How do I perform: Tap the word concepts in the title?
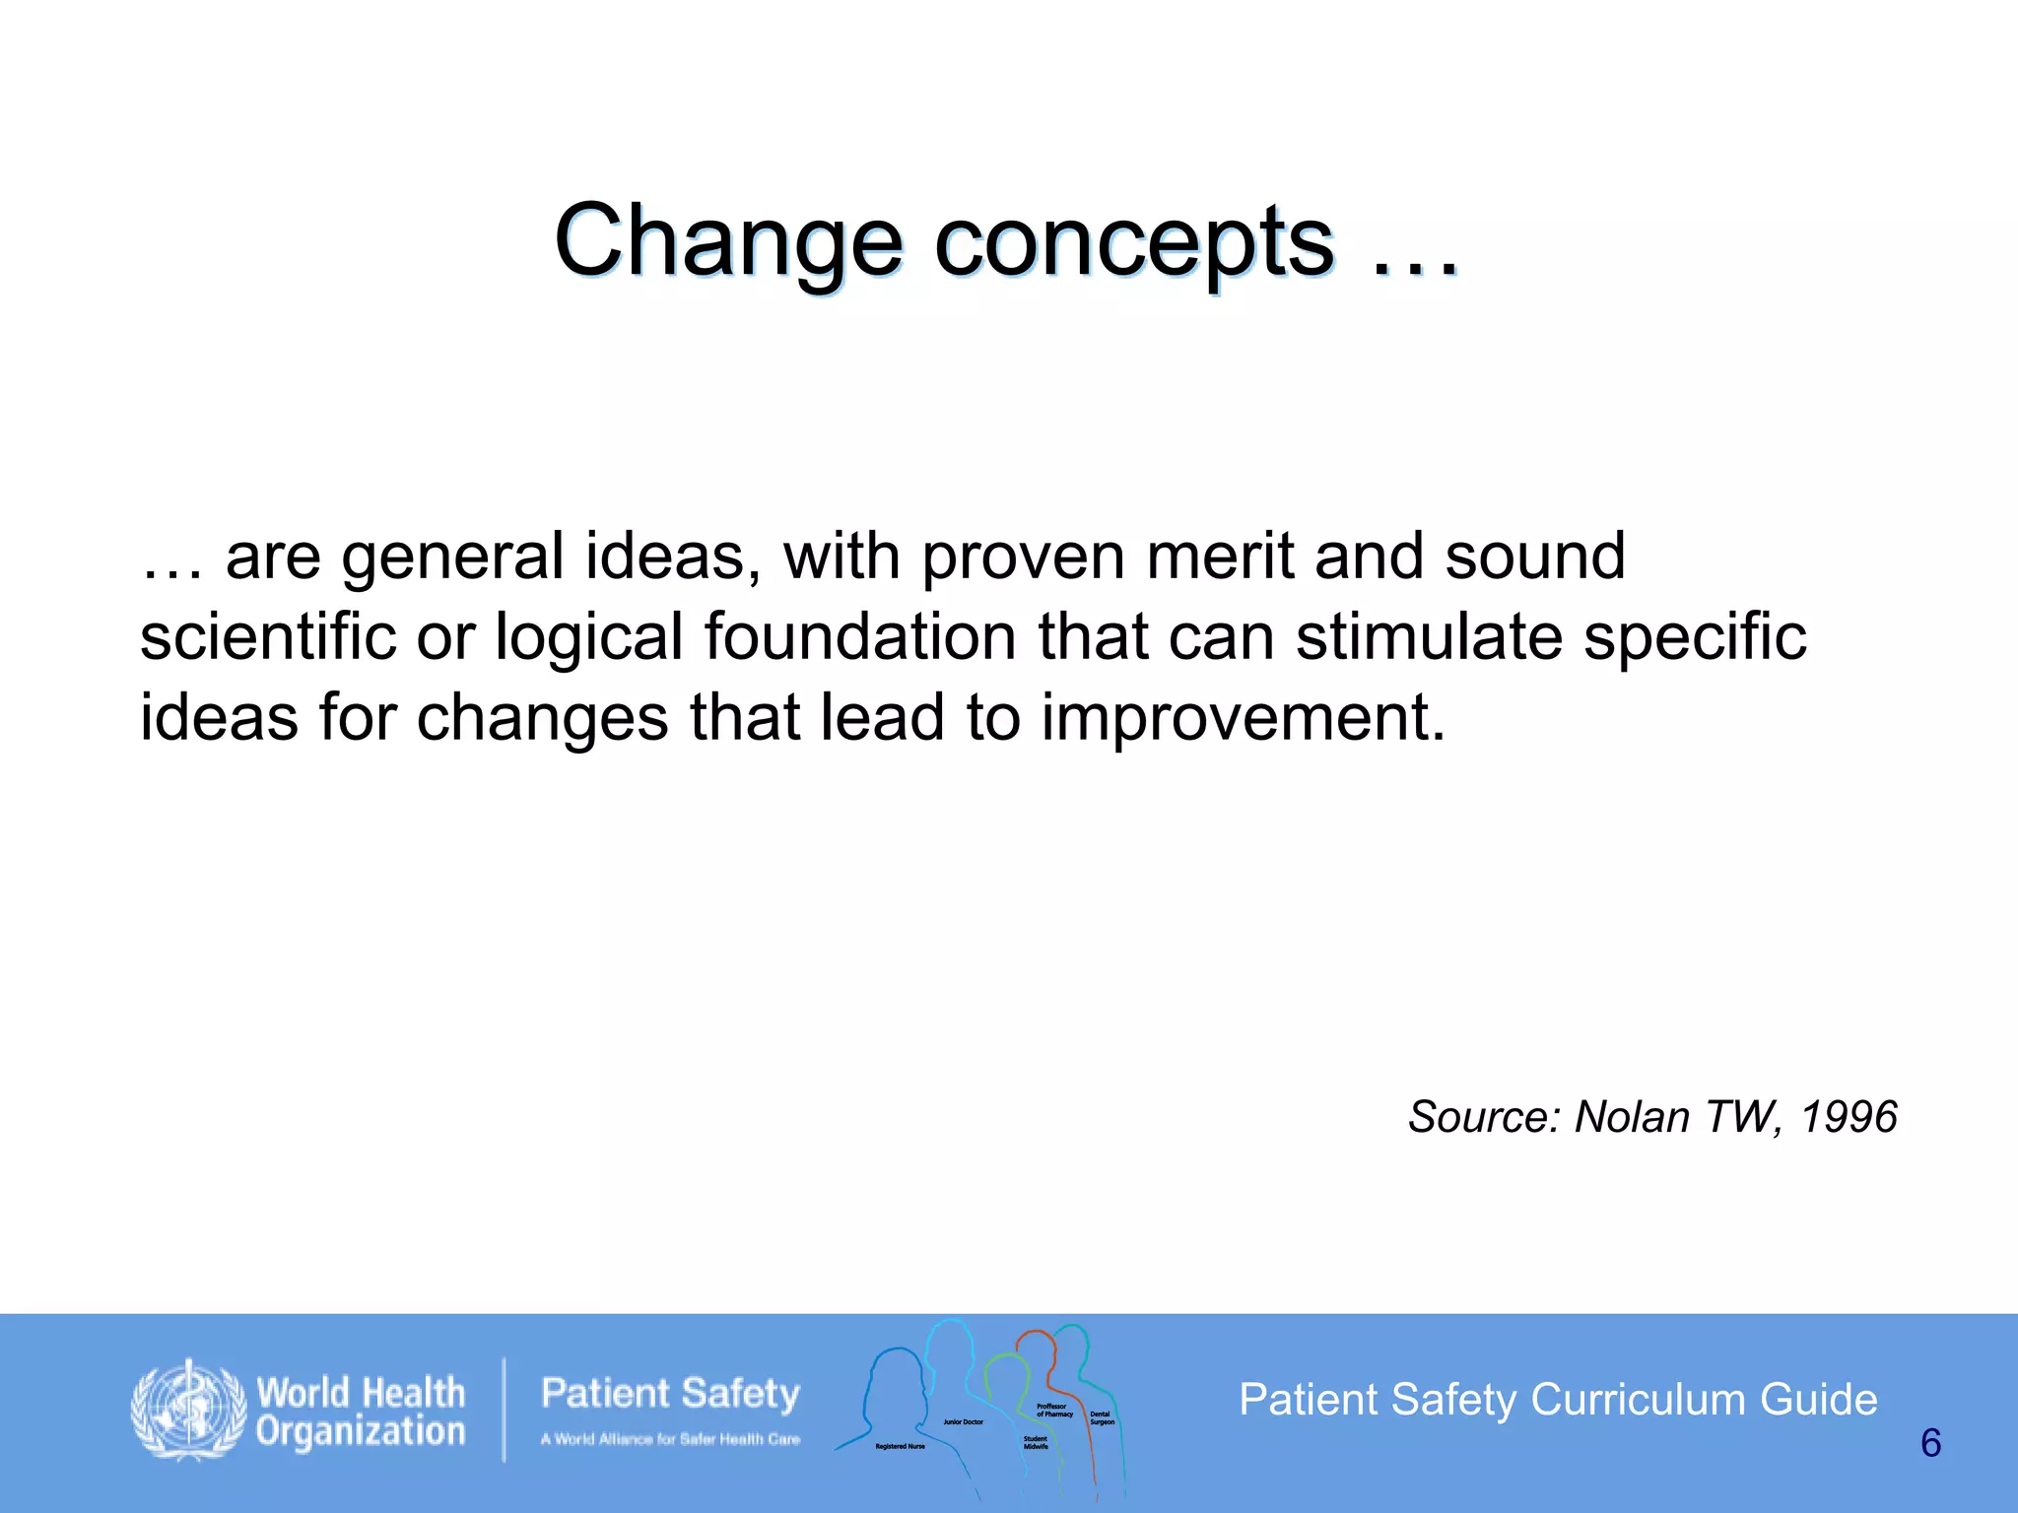(1133, 241)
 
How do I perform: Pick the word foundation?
(859, 636)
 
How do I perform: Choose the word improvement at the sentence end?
(1244, 717)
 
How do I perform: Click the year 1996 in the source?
(1849, 1117)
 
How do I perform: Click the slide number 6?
(1930, 1444)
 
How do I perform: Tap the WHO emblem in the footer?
(188, 1411)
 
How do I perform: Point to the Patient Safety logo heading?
(670, 1394)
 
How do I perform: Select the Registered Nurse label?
(900, 1447)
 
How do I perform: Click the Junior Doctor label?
(963, 1422)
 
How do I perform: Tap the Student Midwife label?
(1036, 1443)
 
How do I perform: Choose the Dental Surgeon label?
(1102, 1418)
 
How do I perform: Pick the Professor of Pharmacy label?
(1053, 1411)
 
